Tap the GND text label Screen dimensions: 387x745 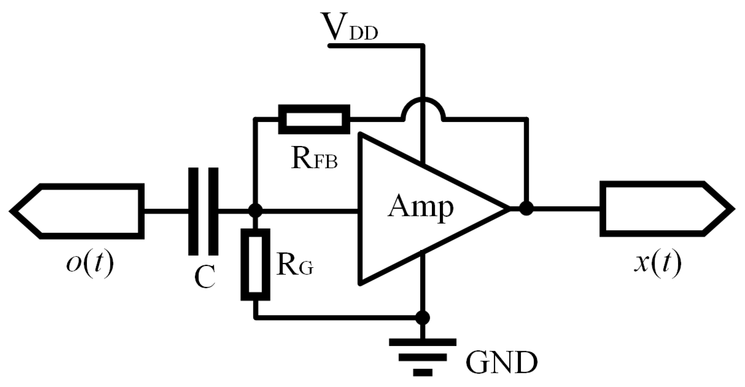[x=501, y=363]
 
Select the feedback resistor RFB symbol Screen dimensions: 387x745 [x=314, y=119]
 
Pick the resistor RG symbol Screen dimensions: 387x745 [x=255, y=265]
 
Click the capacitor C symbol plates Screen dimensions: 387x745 [x=203, y=211]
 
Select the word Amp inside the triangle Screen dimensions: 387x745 [x=420, y=207]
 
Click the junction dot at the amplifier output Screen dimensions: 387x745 [x=526, y=209]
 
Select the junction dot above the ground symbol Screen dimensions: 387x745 [x=422, y=318]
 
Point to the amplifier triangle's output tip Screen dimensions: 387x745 [x=507, y=209]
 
